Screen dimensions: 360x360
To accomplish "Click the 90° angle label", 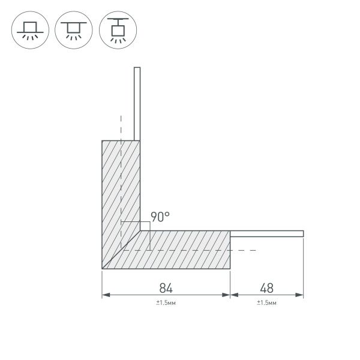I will click(x=160, y=217).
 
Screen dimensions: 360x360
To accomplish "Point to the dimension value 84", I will click(x=166, y=287).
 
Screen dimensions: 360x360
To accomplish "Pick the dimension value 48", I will click(x=266, y=287).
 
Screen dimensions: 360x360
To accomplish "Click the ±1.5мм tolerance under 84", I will click(x=166, y=304).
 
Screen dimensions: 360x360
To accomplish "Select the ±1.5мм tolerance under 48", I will click(x=266, y=304).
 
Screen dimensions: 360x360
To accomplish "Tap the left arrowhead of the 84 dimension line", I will click(x=105, y=295).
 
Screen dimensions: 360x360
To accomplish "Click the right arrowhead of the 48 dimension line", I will click(x=301, y=295).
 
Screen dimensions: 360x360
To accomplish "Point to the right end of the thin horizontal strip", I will click(x=302, y=233).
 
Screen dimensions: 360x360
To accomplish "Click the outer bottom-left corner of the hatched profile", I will click(x=103, y=268).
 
